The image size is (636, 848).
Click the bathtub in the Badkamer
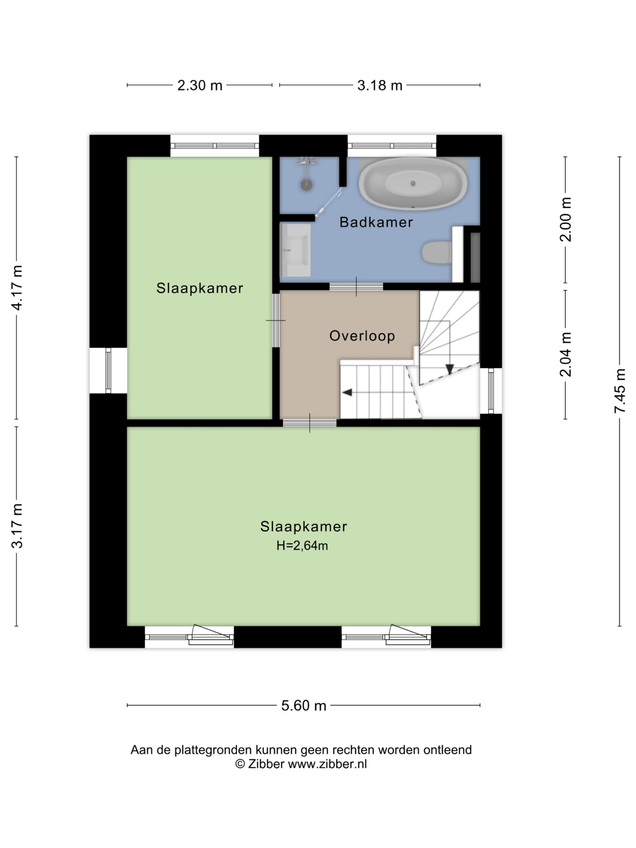point(413,183)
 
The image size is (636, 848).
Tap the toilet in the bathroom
point(437,253)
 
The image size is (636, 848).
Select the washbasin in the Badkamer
point(295,250)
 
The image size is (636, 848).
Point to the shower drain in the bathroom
point(306,185)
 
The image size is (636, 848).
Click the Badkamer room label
point(376,222)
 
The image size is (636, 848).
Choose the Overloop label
point(362,336)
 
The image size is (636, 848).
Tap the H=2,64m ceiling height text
point(302,546)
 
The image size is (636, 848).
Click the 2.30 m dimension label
point(200,85)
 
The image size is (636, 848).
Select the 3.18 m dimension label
point(380,85)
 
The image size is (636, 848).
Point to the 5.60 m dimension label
point(304,705)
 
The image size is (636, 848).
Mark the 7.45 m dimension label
point(619,391)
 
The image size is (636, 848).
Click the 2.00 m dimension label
point(565,219)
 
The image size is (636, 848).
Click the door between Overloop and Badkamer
point(356,287)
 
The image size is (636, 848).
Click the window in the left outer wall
point(108,371)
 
